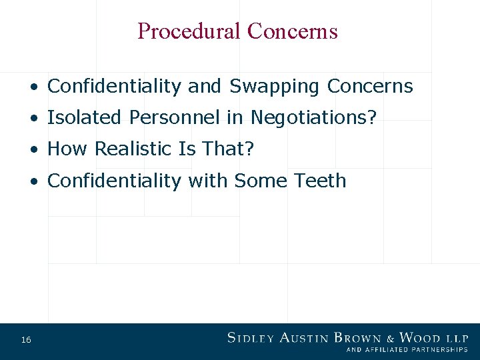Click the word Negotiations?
[313, 118]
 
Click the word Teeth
[322, 181]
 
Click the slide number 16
[26, 341]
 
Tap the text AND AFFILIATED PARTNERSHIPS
[407, 349]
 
